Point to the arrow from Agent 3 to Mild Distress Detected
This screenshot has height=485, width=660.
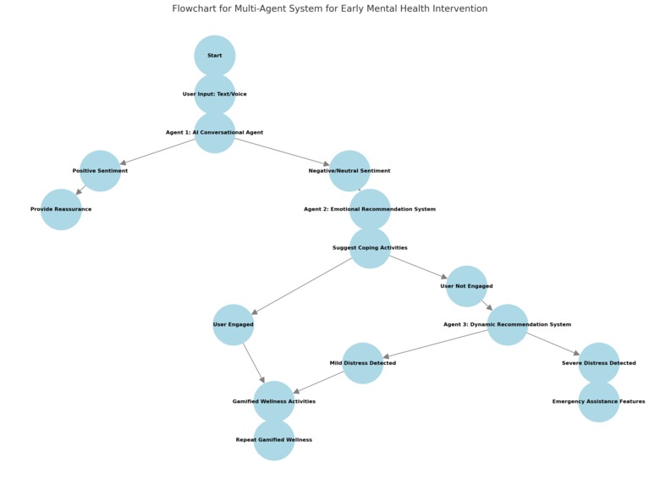point(435,344)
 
